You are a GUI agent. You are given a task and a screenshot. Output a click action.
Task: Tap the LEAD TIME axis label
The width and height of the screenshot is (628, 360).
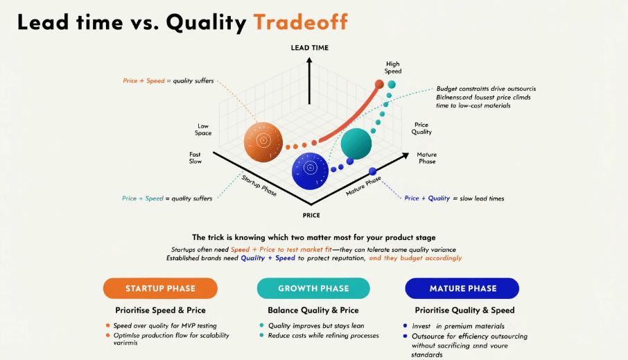(x=310, y=48)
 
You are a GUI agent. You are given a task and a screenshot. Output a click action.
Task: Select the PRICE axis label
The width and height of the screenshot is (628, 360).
(x=311, y=215)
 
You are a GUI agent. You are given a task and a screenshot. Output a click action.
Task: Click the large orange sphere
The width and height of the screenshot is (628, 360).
(x=263, y=139)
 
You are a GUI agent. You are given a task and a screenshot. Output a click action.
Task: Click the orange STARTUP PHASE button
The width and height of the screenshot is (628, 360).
(x=160, y=289)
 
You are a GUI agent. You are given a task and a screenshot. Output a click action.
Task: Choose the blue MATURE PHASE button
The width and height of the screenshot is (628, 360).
(x=462, y=289)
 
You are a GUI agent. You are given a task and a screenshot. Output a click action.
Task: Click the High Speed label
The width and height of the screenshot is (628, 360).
(x=393, y=67)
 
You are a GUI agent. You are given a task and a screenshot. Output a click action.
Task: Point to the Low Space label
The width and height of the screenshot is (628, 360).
(x=203, y=129)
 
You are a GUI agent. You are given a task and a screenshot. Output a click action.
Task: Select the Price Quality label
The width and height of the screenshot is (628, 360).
(x=421, y=128)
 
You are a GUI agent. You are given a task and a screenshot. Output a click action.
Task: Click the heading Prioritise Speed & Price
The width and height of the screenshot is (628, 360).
(x=160, y=310)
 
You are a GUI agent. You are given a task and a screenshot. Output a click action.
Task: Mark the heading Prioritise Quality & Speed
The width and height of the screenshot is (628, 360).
(x=464, y=310)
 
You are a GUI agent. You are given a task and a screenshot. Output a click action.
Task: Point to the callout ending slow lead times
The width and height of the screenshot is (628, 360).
(x=454, y=198)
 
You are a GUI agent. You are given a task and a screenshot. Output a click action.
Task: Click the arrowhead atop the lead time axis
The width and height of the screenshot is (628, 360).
(x=310, y=60)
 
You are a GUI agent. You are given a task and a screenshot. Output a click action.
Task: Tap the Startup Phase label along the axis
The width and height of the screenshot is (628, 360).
(x=258, y=185)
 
